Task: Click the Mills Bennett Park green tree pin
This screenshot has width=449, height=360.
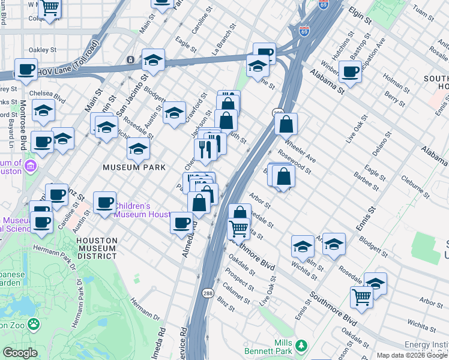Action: click(301, 346)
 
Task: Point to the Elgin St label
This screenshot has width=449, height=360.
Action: click(359, 17)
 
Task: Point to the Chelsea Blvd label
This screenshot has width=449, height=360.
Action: click(51, 94)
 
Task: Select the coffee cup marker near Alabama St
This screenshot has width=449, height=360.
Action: click(350, 73)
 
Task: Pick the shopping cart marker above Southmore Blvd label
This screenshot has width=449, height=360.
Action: click(239, 229)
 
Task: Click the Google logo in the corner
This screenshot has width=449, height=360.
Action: click(19, 353)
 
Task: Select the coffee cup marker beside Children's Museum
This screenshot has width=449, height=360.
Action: click(105, 203)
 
